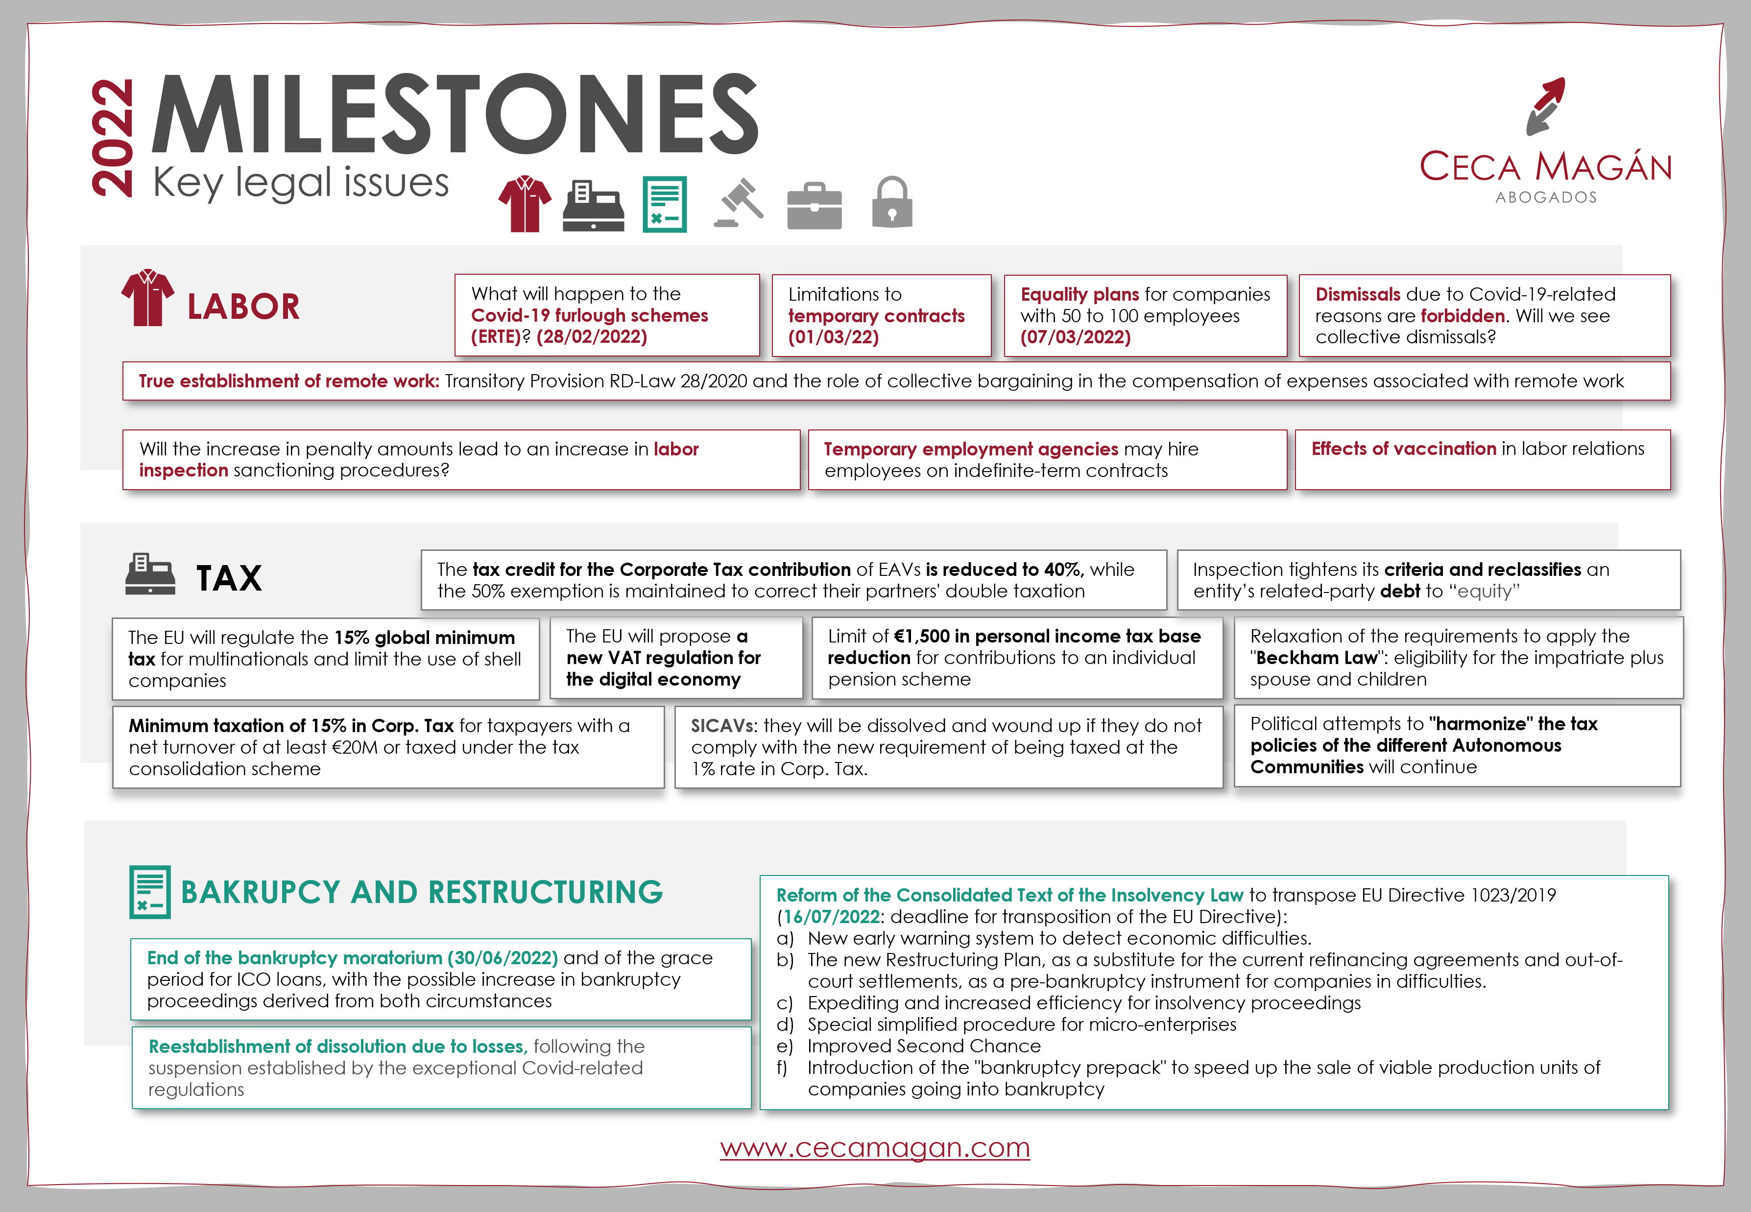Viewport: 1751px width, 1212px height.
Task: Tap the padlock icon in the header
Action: [892, 203]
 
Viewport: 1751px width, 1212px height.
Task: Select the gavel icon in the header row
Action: [739, 203]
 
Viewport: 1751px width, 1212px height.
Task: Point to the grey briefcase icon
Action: [814, 205]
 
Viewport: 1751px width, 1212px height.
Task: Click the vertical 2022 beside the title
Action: [112, 138]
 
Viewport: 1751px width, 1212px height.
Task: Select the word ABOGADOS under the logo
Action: [1546, 197]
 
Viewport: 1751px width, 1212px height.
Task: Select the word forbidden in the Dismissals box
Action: [1463, 316]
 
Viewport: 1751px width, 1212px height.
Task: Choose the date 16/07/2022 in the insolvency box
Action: [832, 917]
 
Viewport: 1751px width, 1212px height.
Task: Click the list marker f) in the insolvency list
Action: [782, 1068]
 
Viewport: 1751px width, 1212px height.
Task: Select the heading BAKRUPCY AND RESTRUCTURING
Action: [421, 892]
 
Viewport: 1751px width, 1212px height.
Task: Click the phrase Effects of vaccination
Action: [1403, 449]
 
